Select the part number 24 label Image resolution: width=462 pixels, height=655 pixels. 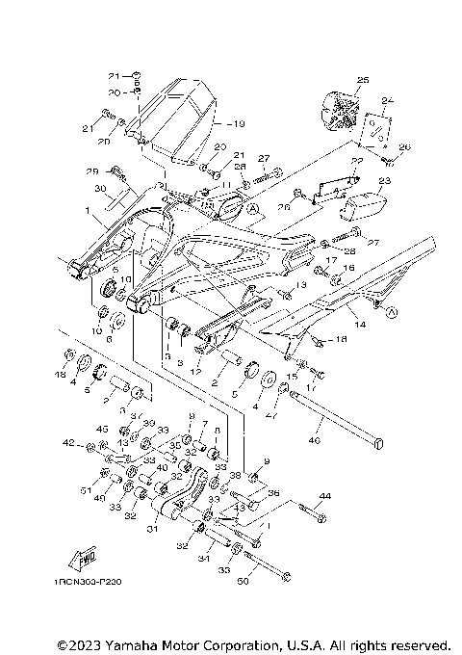pos(388,100)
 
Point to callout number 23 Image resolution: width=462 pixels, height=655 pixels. pos(385,180)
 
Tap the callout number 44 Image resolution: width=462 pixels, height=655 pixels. pos(324,495)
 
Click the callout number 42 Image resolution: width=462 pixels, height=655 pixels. pos(66,443)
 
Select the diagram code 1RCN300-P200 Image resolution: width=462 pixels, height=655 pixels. pos(82,608)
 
